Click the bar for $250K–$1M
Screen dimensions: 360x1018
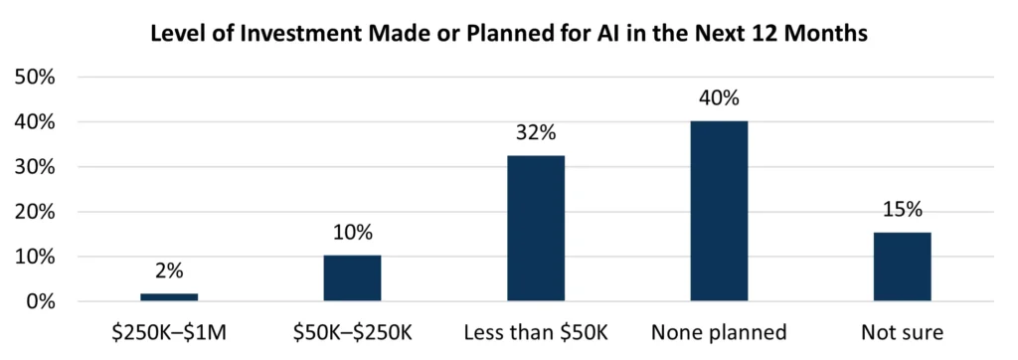pos(169,296)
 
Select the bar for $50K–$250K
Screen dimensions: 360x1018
pos(352,278)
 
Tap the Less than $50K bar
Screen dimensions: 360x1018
pos(536,229)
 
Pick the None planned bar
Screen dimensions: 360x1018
pos(719,211)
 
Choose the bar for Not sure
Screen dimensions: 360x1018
pos(903,267)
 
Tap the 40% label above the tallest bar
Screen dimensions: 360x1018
pos(719,100)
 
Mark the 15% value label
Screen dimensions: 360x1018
pos(903,212)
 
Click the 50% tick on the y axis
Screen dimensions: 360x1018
pos(38,78)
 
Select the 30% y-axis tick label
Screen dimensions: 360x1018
pos(38,167)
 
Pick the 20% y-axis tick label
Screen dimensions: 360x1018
pos(38,212)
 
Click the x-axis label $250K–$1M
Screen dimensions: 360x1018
pos(169,333)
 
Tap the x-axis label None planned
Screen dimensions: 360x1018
pos(719,333)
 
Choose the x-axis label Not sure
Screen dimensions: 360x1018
pos(903,333)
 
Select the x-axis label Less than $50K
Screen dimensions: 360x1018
pos(536,333)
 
